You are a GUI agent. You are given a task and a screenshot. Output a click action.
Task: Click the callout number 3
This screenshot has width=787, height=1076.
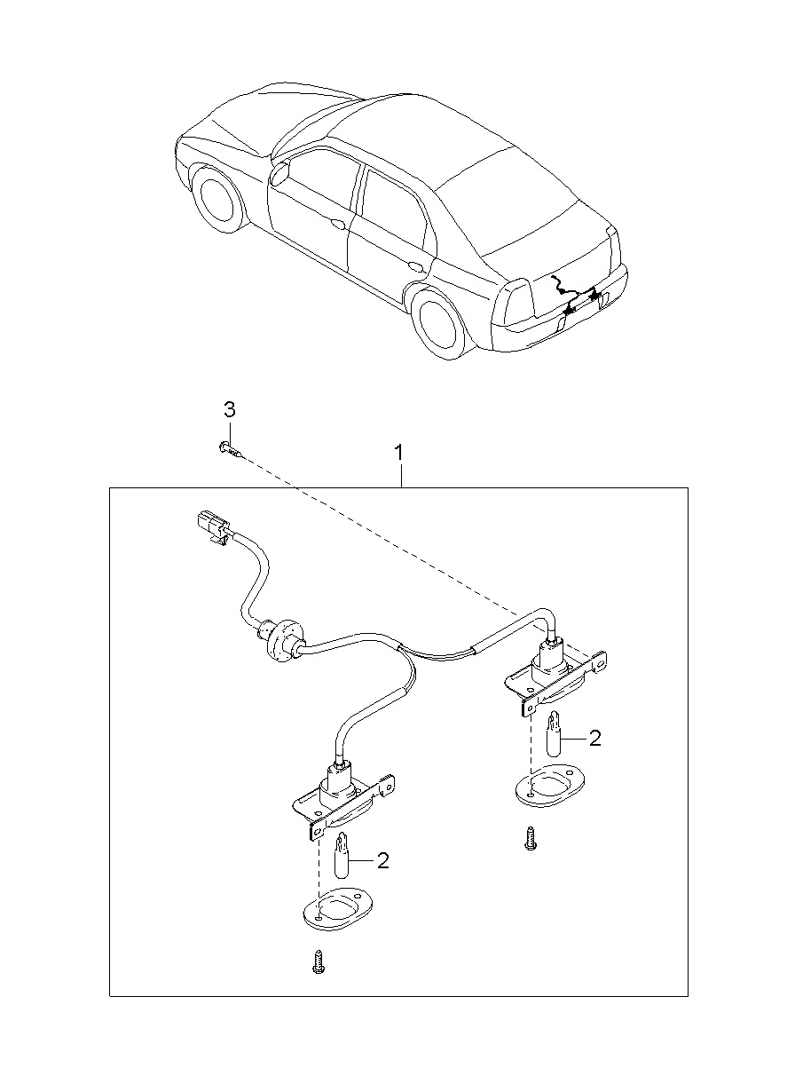point(229,410)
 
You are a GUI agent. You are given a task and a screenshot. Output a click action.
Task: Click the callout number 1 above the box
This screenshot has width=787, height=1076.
point(399,453)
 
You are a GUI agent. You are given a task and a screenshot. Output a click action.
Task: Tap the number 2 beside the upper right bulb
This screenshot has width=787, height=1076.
point(594,738)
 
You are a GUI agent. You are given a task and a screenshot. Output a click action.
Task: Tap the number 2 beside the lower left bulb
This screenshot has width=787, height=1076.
point(383,859)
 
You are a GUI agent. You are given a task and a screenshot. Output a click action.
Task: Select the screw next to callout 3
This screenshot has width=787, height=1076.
point(228,449)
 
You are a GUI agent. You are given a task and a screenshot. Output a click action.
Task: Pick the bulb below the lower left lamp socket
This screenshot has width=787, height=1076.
point(341,858)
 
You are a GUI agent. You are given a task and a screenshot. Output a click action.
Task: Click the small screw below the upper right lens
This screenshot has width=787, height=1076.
point(529,838)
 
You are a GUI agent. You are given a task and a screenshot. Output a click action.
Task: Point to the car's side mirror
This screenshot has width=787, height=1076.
point(279,172)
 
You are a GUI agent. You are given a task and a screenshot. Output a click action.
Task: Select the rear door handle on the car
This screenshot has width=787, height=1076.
point(414,265)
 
